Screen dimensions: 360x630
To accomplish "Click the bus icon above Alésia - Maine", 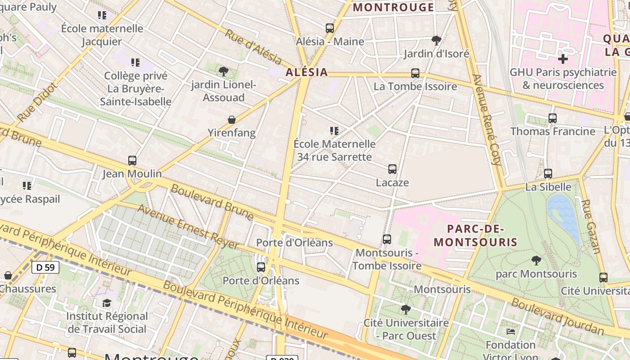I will pyautogui.click(x=330, y=28).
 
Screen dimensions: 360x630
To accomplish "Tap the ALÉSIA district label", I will pyautogui.click(x=306, y=72).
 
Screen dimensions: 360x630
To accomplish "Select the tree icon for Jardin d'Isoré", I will pyautogui.click(x=436, y=40).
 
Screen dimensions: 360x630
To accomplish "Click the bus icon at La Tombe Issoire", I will pyautogui.click(x=415, y=73).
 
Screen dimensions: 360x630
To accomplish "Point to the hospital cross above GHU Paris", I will pyautogui.click(x=562, y=59).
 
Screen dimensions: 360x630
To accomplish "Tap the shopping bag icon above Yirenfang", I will pyautogui.click(x=231, y=120).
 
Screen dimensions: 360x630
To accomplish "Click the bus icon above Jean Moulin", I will pyautogui.click(x=132, y=161).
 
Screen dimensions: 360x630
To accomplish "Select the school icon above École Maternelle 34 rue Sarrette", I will pyautogui.click(x=334, y=131).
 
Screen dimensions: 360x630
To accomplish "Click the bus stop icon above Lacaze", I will pyautogui.click(x=392, y=169).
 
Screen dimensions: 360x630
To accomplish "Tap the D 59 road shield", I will pyautogui.click(x=45, y=267).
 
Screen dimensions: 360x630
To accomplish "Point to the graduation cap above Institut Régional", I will pyautogui.click(x=107, y=303).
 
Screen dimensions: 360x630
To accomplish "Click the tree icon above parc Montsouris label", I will pyautogui.click(x=536, y=260).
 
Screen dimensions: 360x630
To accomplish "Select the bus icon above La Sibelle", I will pyautogui.click(x=548, y=174).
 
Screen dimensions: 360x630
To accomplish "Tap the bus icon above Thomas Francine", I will pyautogui.click(x=553, y=118).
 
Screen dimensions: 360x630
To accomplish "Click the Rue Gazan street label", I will pyautogui.click(x=591, y=227).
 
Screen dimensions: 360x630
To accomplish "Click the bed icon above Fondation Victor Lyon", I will pyautogui.click(x=511, y=332).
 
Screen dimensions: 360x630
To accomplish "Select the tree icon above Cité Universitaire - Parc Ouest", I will pyautogui.click(x=406, y=310).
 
